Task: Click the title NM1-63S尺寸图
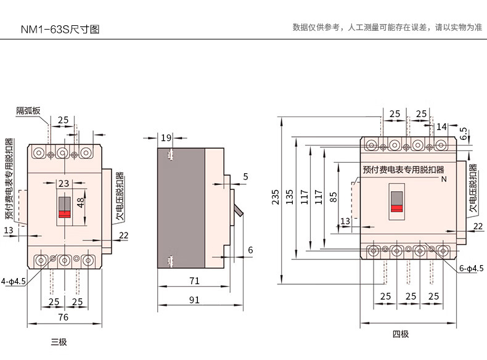60,28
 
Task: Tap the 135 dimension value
289,197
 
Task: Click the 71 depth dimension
194,281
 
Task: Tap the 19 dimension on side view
166,138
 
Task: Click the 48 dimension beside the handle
81,203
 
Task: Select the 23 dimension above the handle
63,183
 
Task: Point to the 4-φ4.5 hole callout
14,281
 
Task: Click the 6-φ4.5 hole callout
471,269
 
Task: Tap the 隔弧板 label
28,111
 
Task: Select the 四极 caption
401,334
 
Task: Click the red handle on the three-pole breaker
63,213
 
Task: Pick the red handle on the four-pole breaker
396,208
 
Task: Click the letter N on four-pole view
443,179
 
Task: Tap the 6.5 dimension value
464,133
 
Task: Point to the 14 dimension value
441,126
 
